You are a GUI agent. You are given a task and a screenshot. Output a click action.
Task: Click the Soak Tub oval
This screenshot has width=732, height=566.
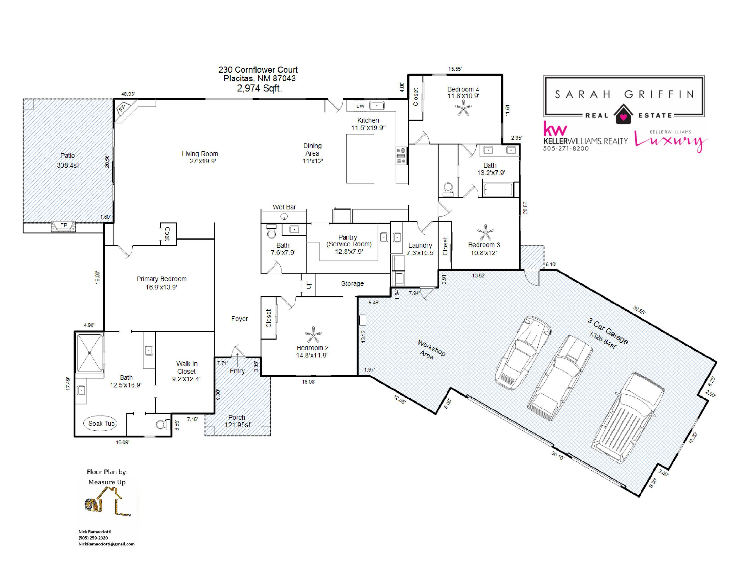(x=101, y=423)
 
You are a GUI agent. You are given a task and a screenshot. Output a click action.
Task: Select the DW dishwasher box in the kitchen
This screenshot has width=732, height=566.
(x=360, y=106)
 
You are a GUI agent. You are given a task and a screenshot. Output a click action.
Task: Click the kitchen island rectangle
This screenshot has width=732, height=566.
(x=360, y=159)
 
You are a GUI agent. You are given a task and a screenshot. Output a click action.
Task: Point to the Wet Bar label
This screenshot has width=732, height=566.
(x=284, y=207)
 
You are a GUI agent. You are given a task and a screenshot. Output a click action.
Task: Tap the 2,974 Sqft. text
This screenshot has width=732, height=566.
(x=259, y=88)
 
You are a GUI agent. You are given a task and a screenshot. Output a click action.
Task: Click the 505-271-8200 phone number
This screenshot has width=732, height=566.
(x=566, y=148)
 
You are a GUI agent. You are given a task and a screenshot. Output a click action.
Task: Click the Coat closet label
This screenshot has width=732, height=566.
(x=167, y=234)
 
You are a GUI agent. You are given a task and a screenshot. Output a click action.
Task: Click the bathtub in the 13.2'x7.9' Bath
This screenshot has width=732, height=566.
(x=498, y=189)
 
